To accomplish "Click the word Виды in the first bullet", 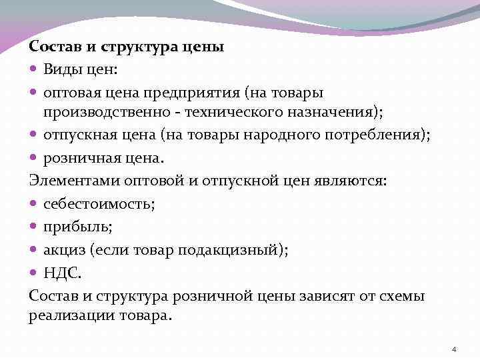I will tap(61, 69).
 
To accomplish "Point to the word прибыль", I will tap(77, 227).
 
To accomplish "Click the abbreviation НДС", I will tap(62, 272).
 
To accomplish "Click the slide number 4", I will tap(453, 350).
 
